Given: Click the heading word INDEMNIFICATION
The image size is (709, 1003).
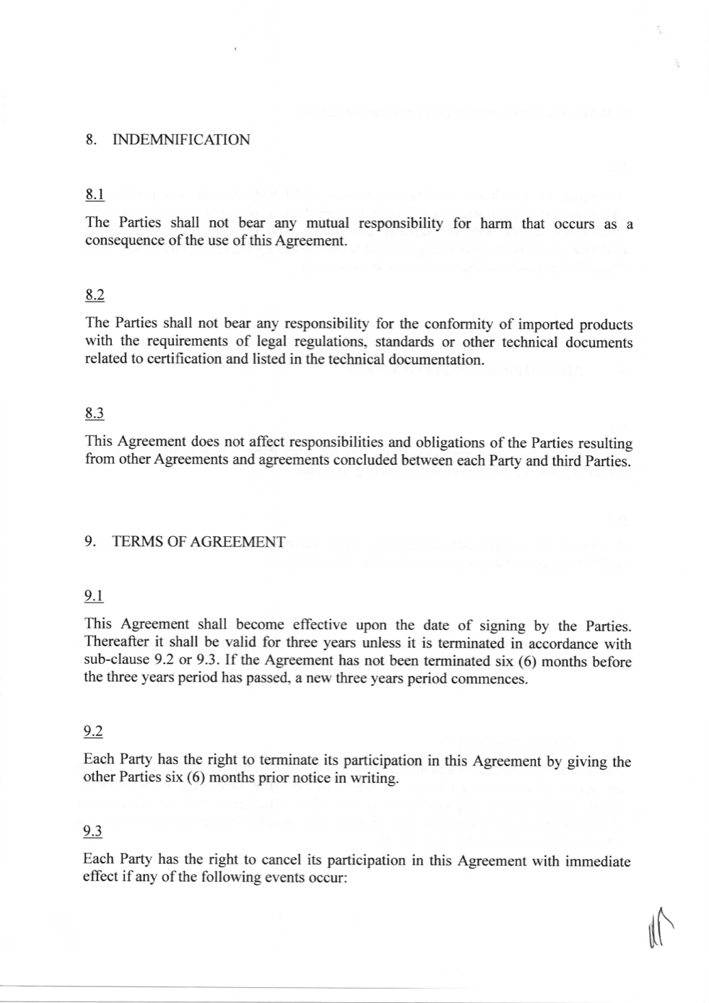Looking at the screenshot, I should pos(181,140).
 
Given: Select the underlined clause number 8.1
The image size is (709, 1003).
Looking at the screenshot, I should pos(95,194).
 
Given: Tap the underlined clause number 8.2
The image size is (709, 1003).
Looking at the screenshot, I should pos(95,294).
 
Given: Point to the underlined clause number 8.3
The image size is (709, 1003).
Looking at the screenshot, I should pos(95,413).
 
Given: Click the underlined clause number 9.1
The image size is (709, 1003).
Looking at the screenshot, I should pos(94,596).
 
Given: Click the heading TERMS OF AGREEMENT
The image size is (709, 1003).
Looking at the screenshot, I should pos(199,542).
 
